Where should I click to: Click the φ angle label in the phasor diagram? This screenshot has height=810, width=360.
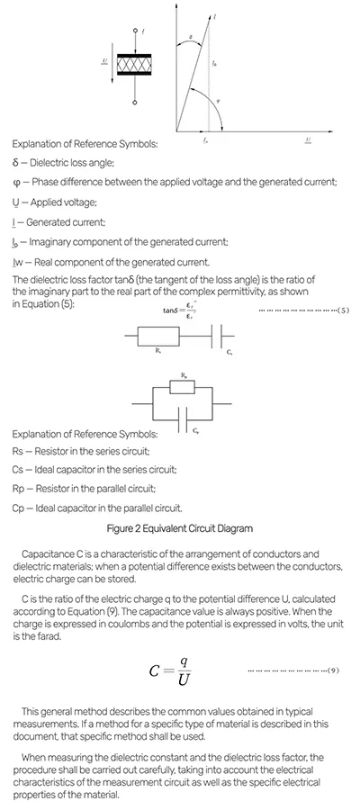(x=219, y=100)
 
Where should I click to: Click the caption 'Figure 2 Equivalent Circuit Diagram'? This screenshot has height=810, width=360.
(x=180, y=527)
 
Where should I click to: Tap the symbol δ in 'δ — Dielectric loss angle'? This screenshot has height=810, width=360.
(x=15, y=163)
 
